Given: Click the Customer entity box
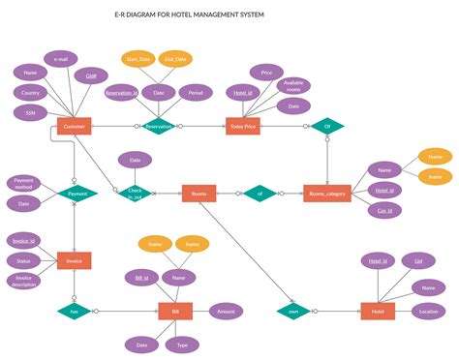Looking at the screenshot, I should click(74, 126).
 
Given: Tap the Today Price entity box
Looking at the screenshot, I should click(242, 126).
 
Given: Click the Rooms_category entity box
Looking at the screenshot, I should click(326, 193).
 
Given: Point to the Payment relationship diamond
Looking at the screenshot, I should click(77, 194).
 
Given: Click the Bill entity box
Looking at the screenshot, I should click(175, 311).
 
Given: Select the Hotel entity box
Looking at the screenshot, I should click(378, 311).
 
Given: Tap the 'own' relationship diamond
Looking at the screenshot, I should click(292, 311).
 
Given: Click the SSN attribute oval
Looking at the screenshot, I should click(31, 112).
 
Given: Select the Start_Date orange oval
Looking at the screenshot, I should click(138, 59).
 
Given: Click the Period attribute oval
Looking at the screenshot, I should click(196, 93).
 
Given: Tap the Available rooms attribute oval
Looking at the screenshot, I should click(293, 85).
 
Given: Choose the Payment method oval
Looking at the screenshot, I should click(23, 183).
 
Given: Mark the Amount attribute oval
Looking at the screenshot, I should click(227, 311).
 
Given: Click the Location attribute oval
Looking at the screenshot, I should click(428, 311).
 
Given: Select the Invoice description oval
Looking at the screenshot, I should click(23, 281).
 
